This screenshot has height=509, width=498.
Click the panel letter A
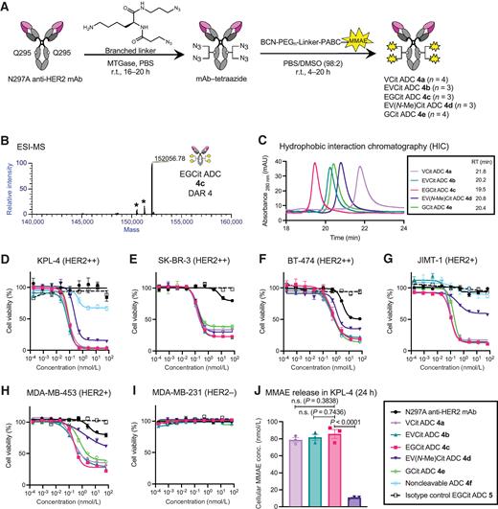[7, 8]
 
